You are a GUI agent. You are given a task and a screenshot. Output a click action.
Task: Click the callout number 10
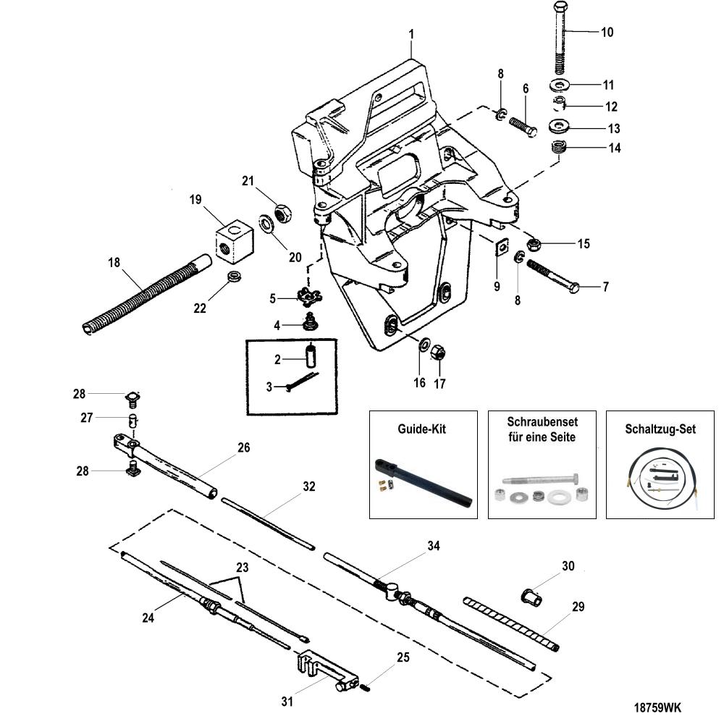coord(607,33)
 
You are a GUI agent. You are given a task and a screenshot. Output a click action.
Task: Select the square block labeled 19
coord(235,240)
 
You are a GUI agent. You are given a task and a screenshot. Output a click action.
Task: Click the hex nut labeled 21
coord(283,214)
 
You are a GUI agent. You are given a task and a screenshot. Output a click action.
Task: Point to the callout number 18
coord(114,263)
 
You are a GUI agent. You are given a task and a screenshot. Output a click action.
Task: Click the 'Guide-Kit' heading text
coord(421,429)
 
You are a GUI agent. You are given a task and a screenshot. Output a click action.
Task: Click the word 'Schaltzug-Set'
coord(660,429)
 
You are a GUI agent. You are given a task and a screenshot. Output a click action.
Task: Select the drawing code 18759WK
coord(657,707)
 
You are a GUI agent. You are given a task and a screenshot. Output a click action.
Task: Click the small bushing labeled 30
coord(531,597)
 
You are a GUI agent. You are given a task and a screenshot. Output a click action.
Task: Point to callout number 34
coord(434,546)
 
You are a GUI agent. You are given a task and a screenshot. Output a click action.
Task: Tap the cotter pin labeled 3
coord(303,382)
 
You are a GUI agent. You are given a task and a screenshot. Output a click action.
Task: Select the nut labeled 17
coord(438,354)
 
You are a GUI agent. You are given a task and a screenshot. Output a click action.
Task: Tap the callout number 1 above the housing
coord(411,34)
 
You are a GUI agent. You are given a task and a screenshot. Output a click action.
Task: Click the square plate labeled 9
coord(501,247)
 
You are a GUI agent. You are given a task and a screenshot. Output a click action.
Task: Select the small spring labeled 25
coord(366,688)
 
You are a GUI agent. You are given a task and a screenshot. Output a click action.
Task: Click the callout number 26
coord(244,447)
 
